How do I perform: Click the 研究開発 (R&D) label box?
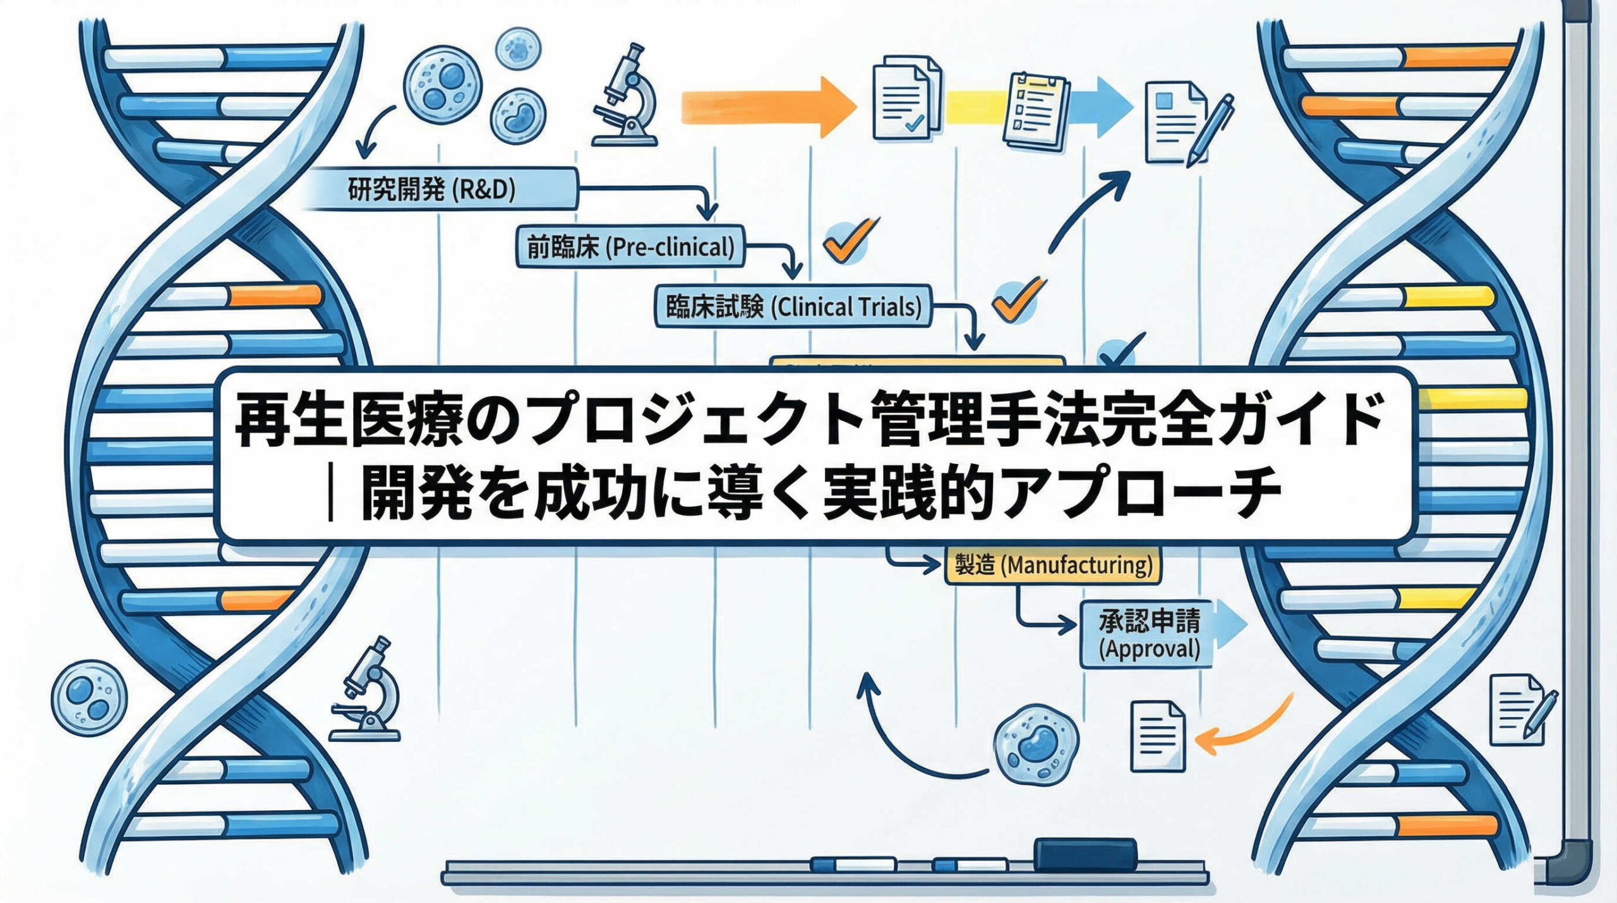(x=442, y=189)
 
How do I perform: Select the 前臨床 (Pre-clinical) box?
(x=630, y=247)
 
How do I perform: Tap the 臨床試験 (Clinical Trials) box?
(x=793, y=307)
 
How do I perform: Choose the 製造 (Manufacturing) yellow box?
(x=1053, y=564)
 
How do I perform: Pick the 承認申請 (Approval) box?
(x=1148, y=634)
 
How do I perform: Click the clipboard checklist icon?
(x=1036, y=111)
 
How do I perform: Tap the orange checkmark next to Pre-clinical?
(x=848, y=240)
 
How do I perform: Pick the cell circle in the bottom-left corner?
(x=89, y=697)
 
